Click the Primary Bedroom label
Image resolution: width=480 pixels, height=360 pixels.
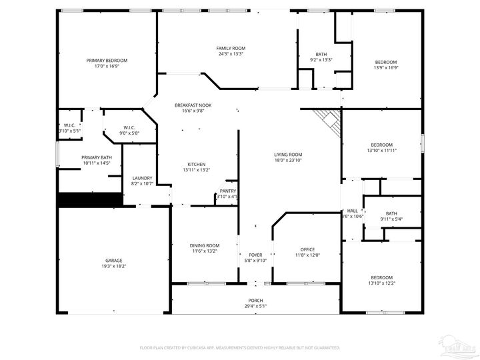(x=107, y=61)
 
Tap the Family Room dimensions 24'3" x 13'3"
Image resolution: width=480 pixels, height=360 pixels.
(x=231, y=55)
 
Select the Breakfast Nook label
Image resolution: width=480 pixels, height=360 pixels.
(x=193, y=105)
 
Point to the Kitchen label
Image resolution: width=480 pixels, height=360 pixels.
(x=196, y=164)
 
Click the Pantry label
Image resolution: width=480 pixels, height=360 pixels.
(x=227, y=191)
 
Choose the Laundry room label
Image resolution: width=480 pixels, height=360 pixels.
(x=142, y=178)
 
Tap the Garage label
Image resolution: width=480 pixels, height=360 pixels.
(x=113, y=260)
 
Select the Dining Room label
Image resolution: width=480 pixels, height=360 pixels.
(x=205, y=245)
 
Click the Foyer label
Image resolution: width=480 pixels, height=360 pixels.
(x=255, y=255)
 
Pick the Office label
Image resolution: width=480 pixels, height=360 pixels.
(x=307, y=249)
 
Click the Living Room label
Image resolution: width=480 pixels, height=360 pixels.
(x=288, y=155)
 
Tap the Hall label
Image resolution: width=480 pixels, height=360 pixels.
(x=353, y=210)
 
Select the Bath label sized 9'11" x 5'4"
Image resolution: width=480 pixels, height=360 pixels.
(x=391, y=213)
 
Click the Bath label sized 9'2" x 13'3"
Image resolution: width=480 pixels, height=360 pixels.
(x=321, y=54)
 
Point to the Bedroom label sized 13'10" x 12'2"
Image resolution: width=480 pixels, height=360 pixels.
(x=381, y=277)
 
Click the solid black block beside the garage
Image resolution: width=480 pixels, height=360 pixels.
(x=89, y=200)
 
